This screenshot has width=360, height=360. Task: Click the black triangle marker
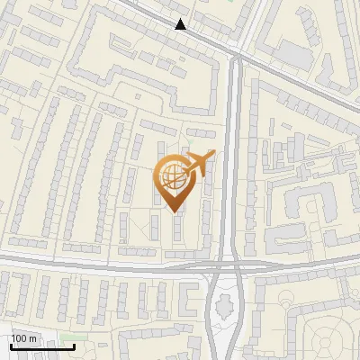tap(181, 24)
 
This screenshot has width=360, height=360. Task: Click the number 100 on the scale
tap(19, 338)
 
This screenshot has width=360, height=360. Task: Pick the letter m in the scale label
tap(32, 338)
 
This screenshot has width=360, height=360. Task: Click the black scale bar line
tap(42, 346)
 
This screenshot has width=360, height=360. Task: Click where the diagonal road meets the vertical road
tap(237, 57)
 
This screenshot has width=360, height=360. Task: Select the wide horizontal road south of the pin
tap(135, 264)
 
